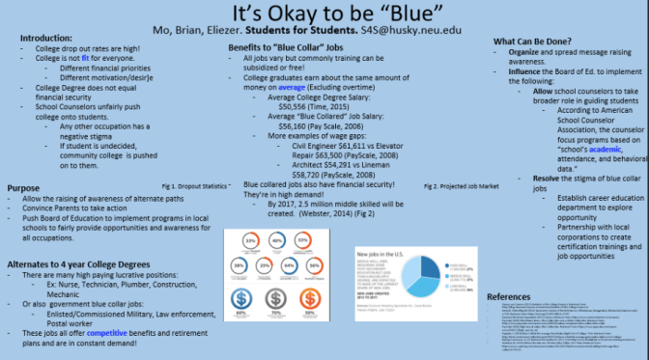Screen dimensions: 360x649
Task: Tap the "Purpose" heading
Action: coord(23,187)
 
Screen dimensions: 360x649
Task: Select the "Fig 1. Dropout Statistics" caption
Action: coord(195,184)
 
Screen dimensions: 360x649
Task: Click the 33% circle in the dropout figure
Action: coord(249,241)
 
